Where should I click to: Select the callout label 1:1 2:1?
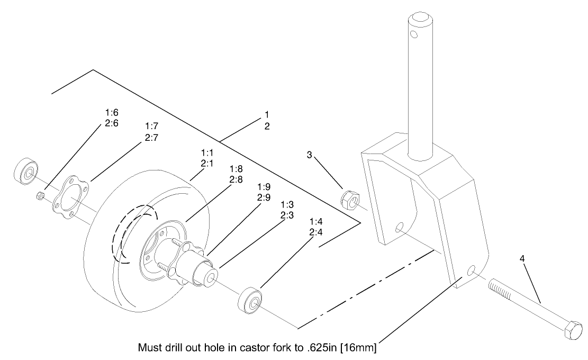click(x=208, y=158)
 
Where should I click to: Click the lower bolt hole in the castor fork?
click(x=472, y=271)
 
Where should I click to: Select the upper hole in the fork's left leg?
click(x=400, y=228)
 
